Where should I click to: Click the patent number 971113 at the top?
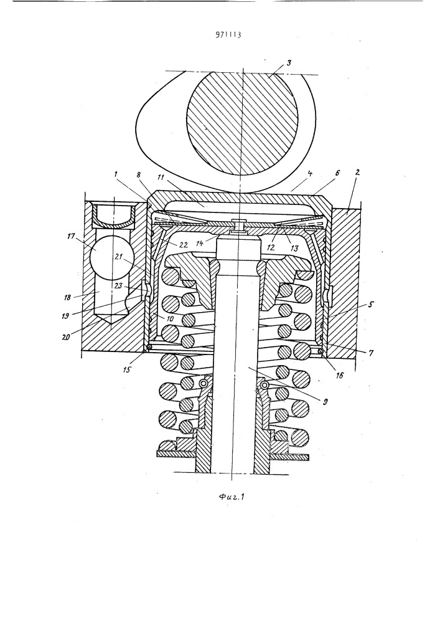(228, 34)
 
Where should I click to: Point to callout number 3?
(289, 63)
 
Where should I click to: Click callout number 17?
(72, 236)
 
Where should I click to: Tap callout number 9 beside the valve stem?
(325, 402)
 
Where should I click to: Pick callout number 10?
(158, 318)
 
